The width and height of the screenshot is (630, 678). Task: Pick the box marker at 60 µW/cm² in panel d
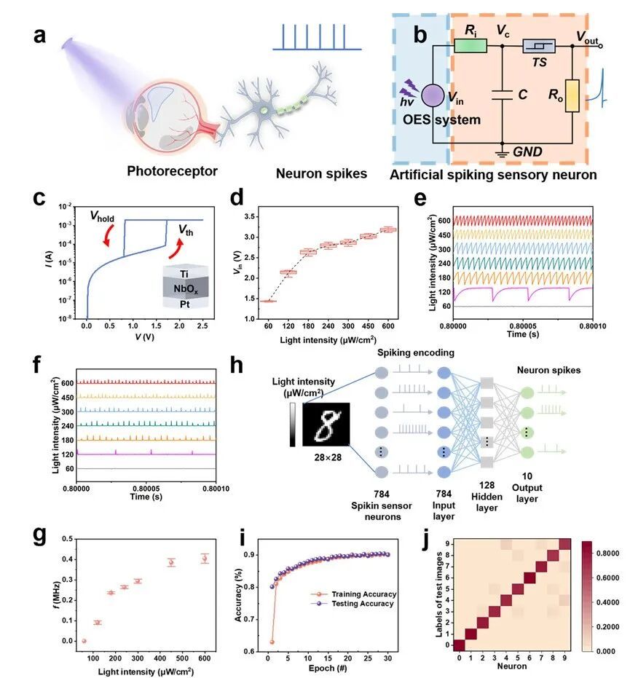tap(268, 301)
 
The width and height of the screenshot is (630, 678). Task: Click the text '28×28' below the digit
tap(325, 462)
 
